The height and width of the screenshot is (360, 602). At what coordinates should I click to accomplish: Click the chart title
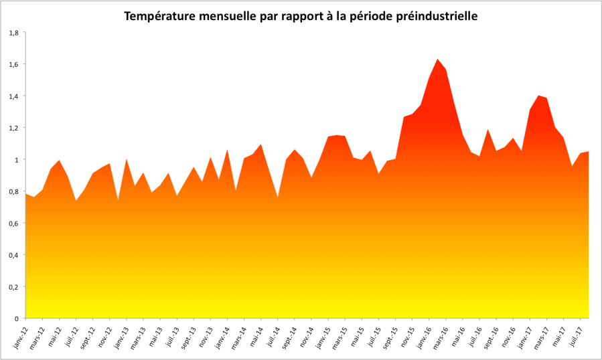click(301, 15)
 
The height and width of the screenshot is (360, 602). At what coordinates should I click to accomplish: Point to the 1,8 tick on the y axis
click(13, 32)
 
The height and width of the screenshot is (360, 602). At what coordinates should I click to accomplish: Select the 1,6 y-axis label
click(13, 64)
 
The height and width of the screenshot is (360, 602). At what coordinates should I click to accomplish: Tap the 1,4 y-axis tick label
click(13, 96)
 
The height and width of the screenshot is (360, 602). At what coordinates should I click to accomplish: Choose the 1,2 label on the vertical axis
click(13, 128)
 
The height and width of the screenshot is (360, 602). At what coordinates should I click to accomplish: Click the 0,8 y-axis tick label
click(13, 191)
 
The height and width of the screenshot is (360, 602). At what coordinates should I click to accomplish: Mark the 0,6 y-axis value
click(13, 223)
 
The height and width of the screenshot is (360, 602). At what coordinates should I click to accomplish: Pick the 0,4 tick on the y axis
click(13, 255)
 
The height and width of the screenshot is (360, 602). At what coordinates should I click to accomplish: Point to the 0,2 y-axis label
click(13, 286)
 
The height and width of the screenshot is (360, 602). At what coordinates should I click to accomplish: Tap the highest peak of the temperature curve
click(437, 60)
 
